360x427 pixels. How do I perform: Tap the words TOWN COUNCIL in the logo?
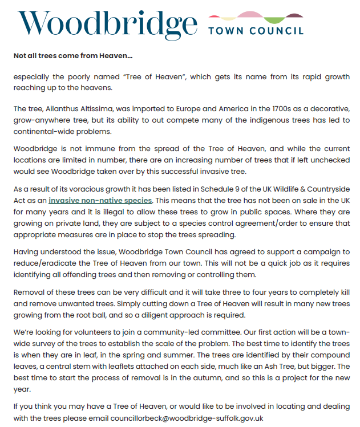256,30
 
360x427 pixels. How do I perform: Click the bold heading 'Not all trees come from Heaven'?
72,56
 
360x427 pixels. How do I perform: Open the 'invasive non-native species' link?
100,200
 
